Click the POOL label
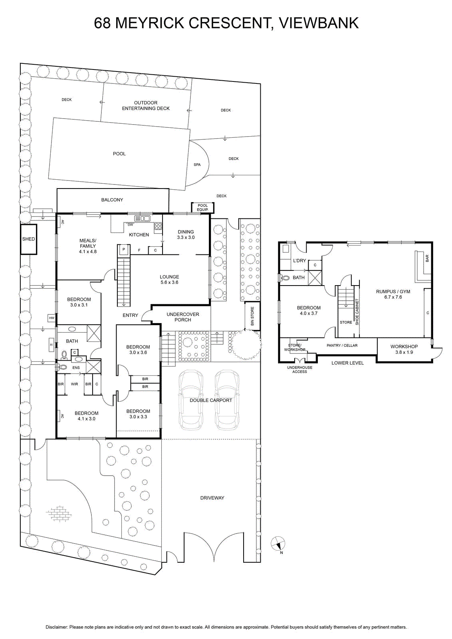pos(119,154)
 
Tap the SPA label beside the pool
pos(197,165)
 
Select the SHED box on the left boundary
pos(28,239)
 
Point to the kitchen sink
pos(142,218)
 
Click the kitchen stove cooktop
pos(158,226)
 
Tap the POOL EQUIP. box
pos(202,207)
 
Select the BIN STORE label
pos(252,316)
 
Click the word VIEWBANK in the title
pos(319,23)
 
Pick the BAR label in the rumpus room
pos(427,258)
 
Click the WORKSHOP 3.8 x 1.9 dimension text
pos(404,352)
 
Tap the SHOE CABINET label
pos(357,312)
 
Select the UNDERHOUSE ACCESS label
pos(299,370)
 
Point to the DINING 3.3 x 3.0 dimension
pos(186,237)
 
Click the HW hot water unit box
pos(52,318)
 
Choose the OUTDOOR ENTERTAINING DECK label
pos(146,105)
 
